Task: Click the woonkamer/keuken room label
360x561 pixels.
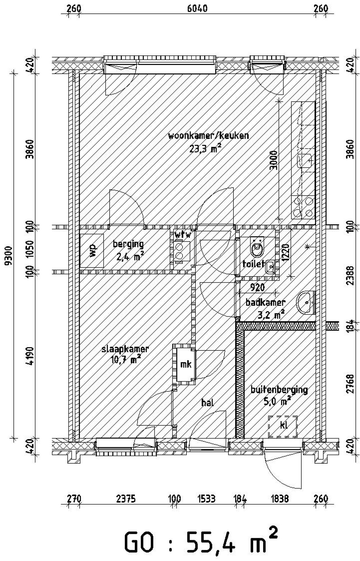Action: [208, 136]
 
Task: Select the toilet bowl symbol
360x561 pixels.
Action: [257, 248]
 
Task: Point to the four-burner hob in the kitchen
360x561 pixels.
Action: [303, 207]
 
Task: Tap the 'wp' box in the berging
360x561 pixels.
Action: [92, 250]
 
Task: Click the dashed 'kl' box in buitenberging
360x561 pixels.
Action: [282, 427]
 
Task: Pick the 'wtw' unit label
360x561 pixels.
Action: [182, 234]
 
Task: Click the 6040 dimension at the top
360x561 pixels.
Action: [197, 8]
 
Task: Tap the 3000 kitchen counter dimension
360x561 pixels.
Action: [273, 160]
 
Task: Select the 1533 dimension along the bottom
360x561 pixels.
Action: [206, 499]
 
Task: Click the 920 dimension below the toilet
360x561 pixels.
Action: [257, 287]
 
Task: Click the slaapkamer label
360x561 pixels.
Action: [125, 349]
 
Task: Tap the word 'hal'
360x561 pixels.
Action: [208, 403]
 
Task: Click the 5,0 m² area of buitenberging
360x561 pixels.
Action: [277, 401]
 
